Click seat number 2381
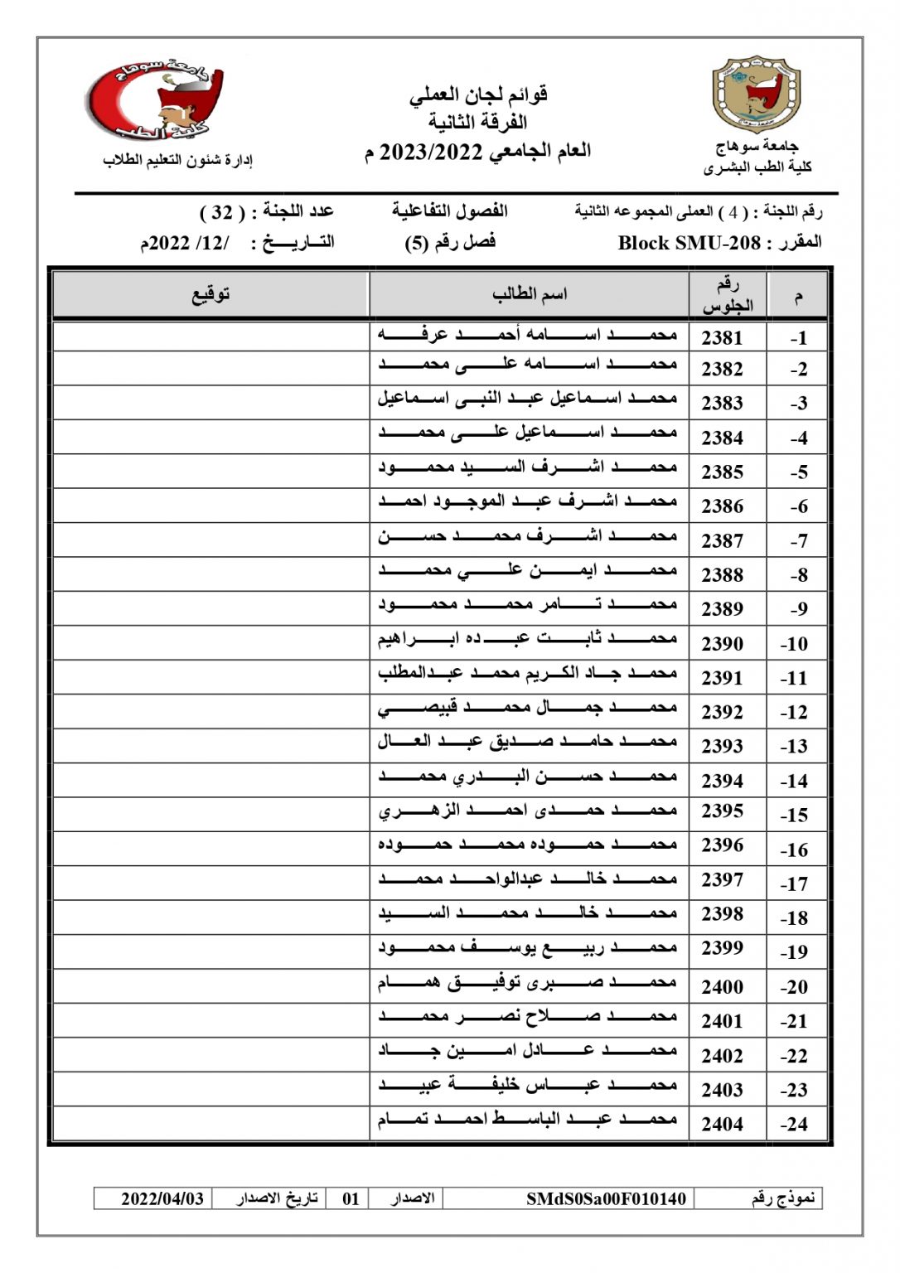pos(722,337)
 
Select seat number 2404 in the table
pos(722,1124)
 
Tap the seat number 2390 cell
pos(722,643)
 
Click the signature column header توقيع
pos(210,294)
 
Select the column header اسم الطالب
pos(529,294)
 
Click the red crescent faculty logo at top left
pos(158,99)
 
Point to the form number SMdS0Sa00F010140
pos(606,1198)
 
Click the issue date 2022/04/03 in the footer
pos(162,1198)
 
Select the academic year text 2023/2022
pos(431,152)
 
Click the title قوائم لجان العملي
pos(478,95)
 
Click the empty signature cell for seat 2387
pos(210,540)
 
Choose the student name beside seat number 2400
pos(527,984)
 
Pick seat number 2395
pos(722,811)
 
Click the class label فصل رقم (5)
pos(450,243)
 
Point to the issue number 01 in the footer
pos(351,1198)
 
